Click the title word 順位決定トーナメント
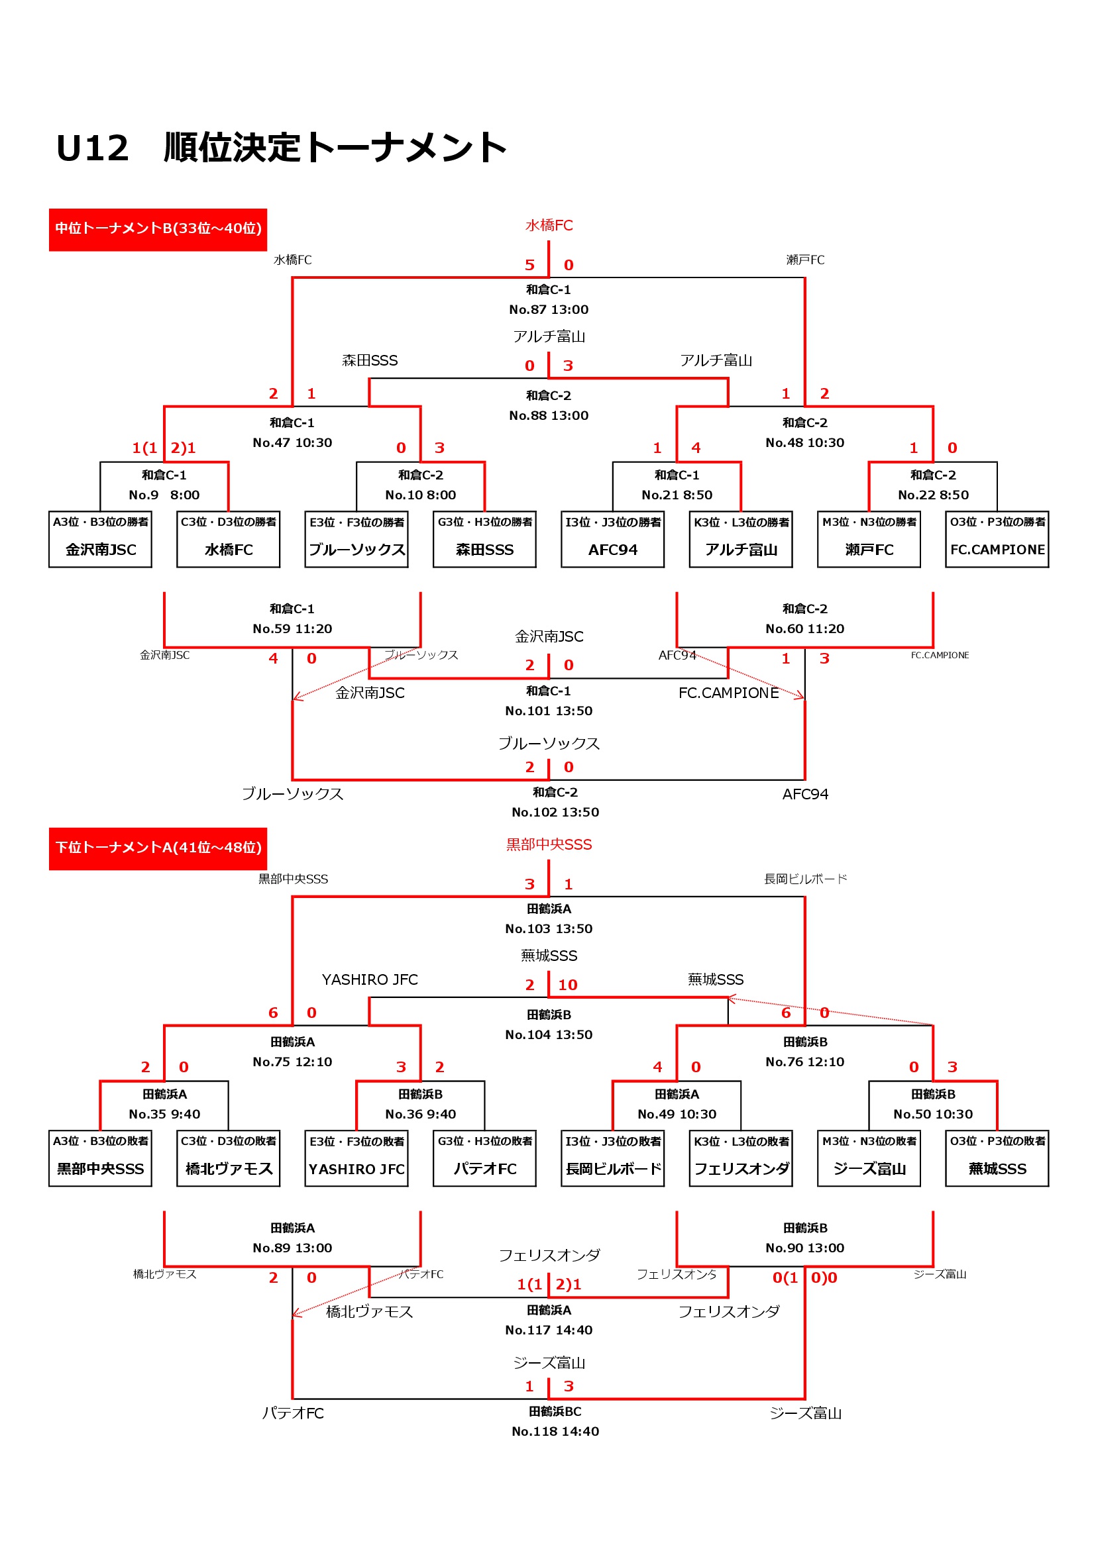click(x=335, y=148)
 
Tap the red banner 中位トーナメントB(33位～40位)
click(x=158, y=229)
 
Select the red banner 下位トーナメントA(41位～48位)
click(x=158, y=848)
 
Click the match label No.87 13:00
click(x=549, y=310)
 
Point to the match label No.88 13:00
click(x=549, y=416)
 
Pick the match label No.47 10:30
click(x=292, y=442)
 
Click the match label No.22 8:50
click(x=934, y=495)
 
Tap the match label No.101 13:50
click(x=549, y=711)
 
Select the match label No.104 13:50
click(x=549, y=1035)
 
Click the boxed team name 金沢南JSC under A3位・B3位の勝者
click(x=101, y=550)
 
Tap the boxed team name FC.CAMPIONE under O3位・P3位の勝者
click(x=997, y=550)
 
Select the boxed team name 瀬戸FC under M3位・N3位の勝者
click(x=869, y=550)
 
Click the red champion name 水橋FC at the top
click(x=549, y=225)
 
